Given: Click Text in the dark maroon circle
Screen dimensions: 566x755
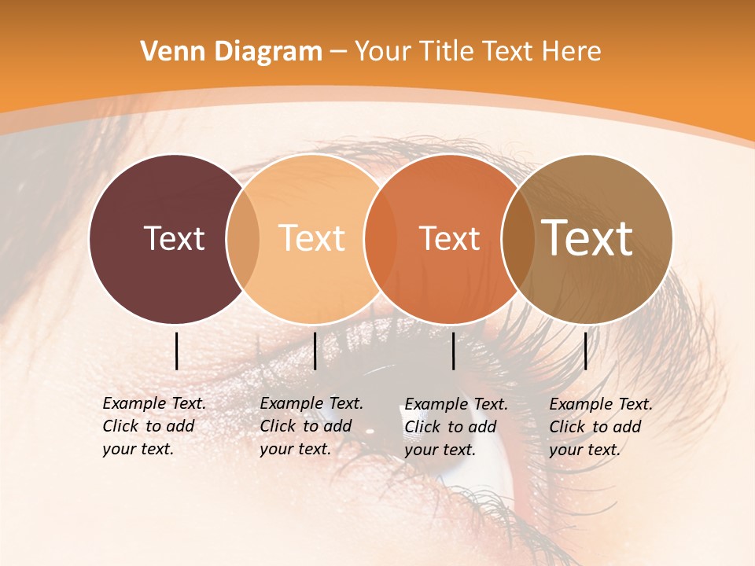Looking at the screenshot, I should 174,238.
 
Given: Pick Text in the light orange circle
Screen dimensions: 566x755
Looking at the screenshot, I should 312,238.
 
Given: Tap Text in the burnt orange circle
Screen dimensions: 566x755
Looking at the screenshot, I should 450,238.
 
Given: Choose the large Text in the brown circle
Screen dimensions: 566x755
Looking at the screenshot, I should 587,237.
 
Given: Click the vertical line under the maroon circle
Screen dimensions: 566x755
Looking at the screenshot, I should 177,351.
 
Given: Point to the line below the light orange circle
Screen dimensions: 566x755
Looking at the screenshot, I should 315,351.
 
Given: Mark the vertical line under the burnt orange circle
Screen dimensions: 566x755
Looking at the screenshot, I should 454,351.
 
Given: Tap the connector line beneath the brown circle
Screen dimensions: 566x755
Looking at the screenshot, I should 585,351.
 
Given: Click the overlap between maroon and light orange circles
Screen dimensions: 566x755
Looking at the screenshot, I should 243,238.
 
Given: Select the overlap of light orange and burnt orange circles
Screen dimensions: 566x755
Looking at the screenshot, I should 380,238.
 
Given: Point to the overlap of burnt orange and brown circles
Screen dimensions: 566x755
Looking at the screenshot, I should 518,238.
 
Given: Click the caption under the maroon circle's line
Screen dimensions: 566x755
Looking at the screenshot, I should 154,426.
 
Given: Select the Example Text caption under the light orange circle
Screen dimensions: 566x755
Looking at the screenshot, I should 311,426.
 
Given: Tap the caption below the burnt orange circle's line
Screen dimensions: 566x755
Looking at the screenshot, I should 456,427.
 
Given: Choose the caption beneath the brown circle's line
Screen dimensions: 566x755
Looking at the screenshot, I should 601,427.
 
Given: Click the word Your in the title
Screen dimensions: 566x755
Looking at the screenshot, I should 383,51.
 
